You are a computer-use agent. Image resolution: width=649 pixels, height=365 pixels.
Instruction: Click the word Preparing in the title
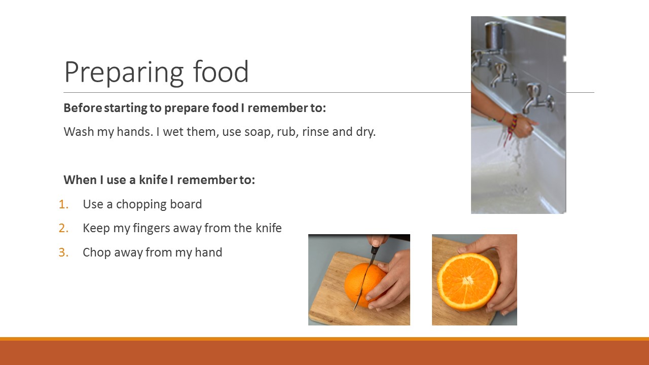(124, 72)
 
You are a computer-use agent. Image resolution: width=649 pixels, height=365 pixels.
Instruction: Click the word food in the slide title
(221, 71)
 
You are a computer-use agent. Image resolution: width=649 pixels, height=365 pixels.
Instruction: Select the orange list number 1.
(63, 204)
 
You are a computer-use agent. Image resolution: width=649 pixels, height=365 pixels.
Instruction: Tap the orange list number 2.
(63, 228)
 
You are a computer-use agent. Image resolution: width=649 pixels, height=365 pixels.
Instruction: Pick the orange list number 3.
(63, 252)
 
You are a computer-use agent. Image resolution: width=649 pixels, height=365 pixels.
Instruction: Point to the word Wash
(79, 132)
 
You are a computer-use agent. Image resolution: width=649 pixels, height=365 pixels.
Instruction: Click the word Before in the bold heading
(83, 108)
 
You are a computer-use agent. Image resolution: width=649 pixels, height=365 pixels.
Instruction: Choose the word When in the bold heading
(80, 180)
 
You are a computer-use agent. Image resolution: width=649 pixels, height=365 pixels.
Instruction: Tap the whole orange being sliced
(364, 285)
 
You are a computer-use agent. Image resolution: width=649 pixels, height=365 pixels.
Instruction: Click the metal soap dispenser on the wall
(494, 36)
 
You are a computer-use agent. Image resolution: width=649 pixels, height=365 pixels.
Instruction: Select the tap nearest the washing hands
(538, 98)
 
